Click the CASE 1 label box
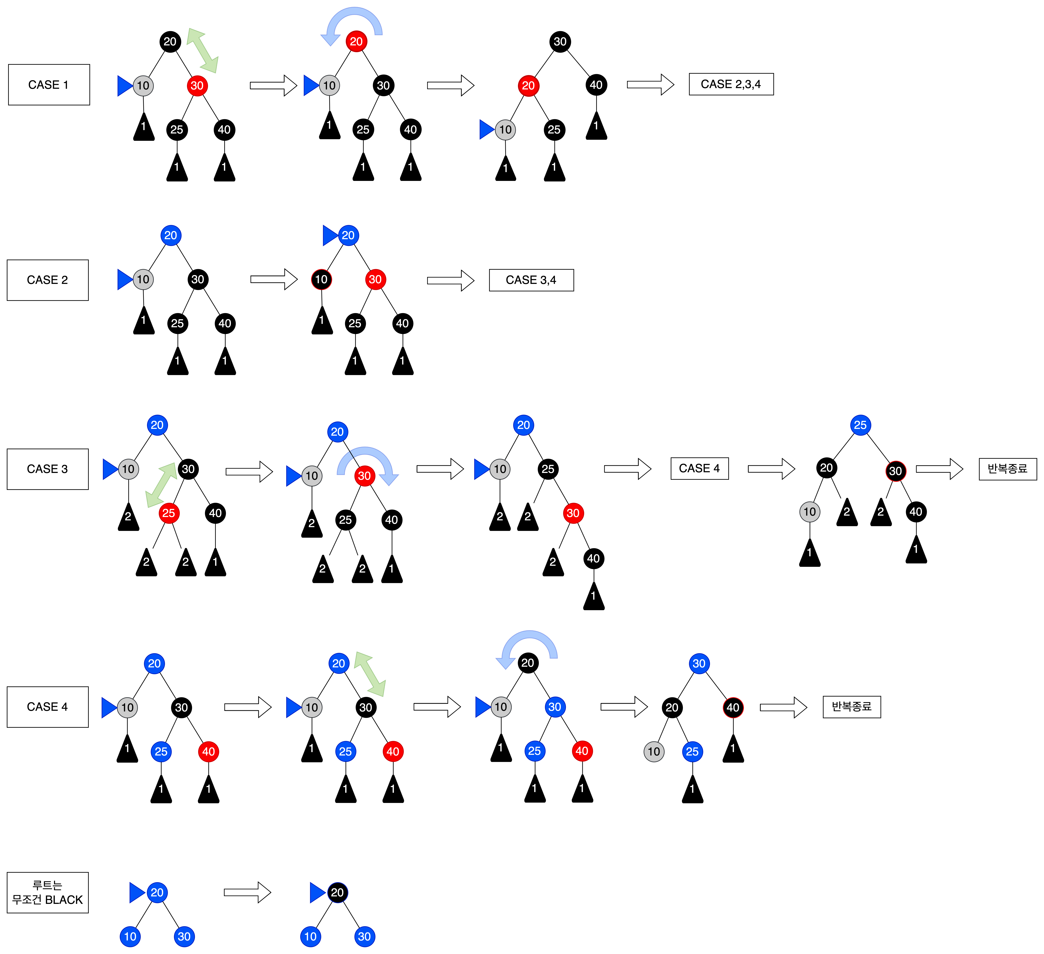pos(49,85)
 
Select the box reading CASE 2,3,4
pos(731,84)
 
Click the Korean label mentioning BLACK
pos(48,892)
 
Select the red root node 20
pos(356,42)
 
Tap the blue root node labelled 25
pos(860,425)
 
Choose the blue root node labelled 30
pos(699,663)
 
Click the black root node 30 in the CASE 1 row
pos(560,42)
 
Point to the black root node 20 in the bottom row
pos(337,892)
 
